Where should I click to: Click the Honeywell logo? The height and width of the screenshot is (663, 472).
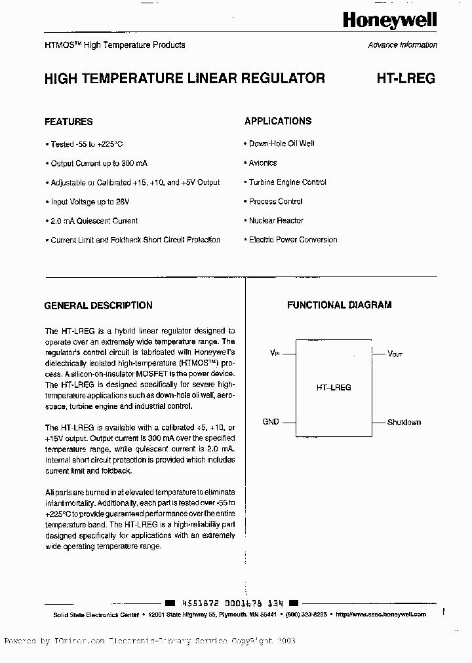pos(389,21)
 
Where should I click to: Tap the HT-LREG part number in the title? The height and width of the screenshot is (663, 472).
pos(405,79)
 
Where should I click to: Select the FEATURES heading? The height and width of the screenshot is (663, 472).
pos(68,122)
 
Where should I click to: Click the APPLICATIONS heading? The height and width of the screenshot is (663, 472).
pos(278,121)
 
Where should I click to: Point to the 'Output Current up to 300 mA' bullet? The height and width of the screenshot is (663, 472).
pos(94,163)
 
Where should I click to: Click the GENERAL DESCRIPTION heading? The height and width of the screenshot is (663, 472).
pos(98,305)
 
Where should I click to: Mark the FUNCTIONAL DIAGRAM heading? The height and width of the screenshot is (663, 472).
pos(339,305)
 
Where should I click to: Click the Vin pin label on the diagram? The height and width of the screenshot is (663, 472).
pos(275,352)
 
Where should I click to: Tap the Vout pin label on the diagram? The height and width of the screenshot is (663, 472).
pos(395,353)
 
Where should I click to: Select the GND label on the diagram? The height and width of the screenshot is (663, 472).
pos(271,422)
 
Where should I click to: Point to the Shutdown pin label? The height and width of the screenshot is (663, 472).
pos(404,423)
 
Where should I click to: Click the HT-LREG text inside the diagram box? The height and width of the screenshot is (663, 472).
pos(334,387)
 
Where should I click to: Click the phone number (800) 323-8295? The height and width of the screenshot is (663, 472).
pos(306,615)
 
